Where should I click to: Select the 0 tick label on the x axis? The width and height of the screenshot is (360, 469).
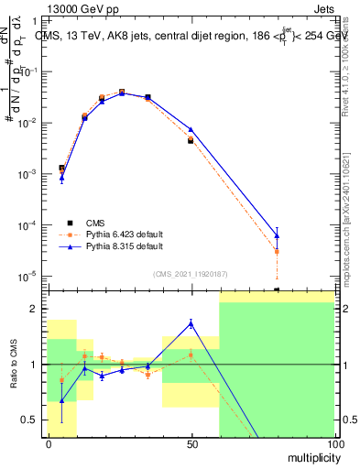pos(49,442)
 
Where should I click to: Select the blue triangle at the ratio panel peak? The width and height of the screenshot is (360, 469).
pos(191,322)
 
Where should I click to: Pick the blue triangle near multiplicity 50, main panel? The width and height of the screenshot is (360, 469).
pos(191,129)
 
